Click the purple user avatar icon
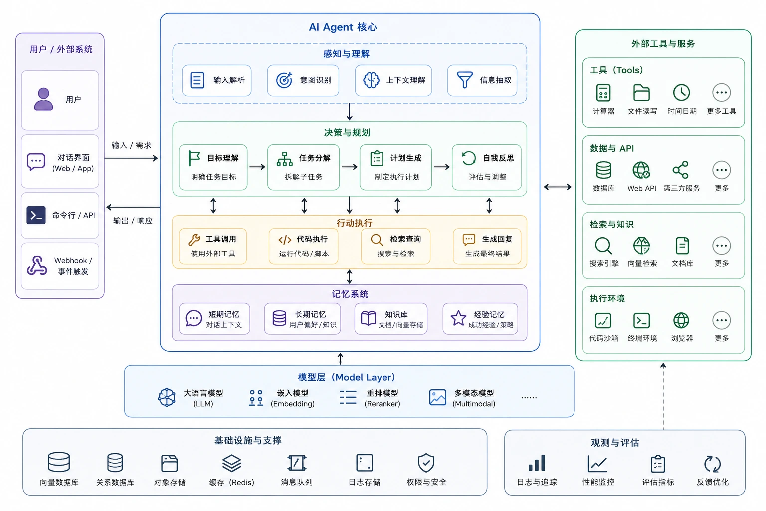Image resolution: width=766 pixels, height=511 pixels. [43, 99]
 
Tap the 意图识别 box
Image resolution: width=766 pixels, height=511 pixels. [303, 80]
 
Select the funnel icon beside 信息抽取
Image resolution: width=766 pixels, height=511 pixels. [465, 80]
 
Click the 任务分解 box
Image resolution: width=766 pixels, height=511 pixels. [303, 167]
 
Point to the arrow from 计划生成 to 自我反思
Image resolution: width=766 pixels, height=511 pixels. [441, 167]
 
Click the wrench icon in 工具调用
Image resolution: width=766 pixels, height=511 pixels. [194, 240]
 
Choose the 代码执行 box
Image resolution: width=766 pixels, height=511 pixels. [303, 246]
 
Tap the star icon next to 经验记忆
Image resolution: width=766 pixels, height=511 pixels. [458, 318]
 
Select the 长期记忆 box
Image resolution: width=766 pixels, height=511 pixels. [302, 319]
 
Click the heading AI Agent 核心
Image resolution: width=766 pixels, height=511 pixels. [343, 27]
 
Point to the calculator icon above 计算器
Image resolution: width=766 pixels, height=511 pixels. [603, 93]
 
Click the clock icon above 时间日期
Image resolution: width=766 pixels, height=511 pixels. [681, 92]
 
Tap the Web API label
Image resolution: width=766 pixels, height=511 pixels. [641, 188]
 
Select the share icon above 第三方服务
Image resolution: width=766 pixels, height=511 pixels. [681, 170]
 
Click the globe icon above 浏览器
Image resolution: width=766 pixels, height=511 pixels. [681, 321]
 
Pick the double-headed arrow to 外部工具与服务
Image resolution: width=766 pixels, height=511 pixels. [558, 187]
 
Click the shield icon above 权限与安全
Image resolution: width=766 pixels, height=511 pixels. [426, 463]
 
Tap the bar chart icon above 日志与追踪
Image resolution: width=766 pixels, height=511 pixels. [537, 463]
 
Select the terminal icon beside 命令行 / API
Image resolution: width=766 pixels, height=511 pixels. [36, 215]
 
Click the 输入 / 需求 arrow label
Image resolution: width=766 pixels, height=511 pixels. [131, 145]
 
